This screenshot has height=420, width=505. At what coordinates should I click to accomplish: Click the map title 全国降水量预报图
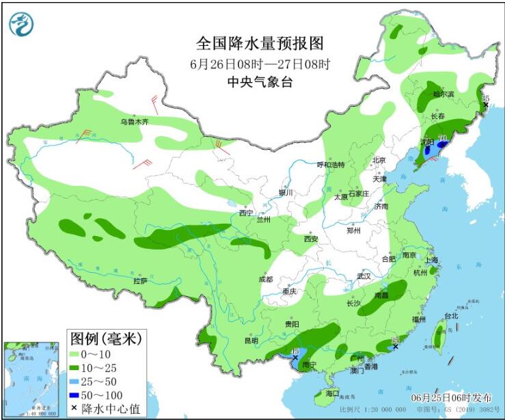coord(259,44)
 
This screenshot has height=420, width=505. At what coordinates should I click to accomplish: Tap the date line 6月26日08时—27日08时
coord(260,65)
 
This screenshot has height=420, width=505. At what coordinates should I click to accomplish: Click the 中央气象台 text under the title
coord(260,82)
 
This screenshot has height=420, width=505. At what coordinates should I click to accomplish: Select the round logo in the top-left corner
coord(21,24)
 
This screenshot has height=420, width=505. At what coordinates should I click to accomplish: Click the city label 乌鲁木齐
coord(135,122)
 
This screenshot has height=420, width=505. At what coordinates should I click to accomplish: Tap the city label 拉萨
coord(140,280)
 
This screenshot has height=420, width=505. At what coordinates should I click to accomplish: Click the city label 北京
coord(379,160)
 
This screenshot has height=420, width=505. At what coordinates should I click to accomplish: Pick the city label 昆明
coord(251,340)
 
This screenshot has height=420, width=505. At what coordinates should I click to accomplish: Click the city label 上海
coord(431,260)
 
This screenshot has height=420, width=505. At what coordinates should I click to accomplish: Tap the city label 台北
coord(451,316)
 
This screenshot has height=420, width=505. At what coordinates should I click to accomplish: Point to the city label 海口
coord(332,394)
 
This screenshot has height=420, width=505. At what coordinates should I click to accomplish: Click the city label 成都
coord(265,279)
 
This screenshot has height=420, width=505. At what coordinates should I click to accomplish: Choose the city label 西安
coord(311,239)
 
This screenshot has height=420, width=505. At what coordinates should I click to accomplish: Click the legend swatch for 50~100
coord(77,396)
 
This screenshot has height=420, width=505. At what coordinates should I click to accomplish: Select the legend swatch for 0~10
coord(77,354)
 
